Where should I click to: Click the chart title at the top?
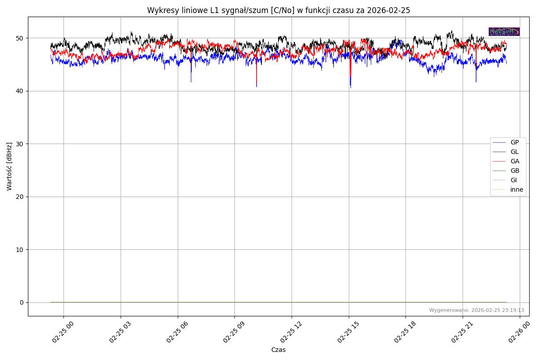pyautogui.click(x=279, y=10)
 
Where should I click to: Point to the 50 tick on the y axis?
pyautogui.click(x=20, y=38)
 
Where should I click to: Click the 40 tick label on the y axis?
pyautogui.click(x=20, y=91)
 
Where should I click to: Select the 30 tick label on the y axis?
pyautogui.click(x=20, y=144)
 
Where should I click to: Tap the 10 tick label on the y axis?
pyautogui.click(x=20, y=250)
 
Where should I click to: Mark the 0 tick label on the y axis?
pyautogui.click(x=22, y=302)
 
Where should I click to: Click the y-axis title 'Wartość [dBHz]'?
pyautogui.click(x=9, y=166)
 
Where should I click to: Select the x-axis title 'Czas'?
pyautogui.click(x=278, y=350)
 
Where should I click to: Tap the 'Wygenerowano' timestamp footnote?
pyautogui.click(x=477, y=310)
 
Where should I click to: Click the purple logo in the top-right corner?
pyautogui.click(x=504, y=31)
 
